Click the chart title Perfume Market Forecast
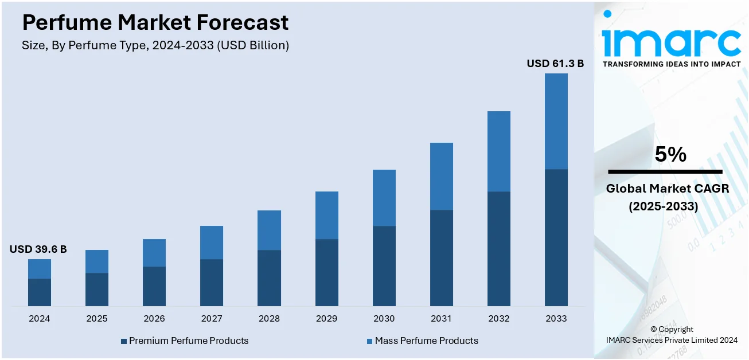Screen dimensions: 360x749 (155, 23)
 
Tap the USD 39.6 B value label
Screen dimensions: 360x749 (38, 249)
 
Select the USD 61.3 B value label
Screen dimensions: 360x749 (555, 64)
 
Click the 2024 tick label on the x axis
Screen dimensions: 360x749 (40, 319)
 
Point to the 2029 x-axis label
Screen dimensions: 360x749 (326, 319)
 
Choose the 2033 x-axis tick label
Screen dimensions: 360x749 (556, 319)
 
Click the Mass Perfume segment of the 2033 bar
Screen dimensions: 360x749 (556, 122)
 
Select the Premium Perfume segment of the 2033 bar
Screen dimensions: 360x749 (556, 237)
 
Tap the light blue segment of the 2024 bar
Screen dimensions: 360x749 (40, 269)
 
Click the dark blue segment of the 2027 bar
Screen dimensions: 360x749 (212, 282)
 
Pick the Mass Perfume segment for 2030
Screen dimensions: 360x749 (384, 198)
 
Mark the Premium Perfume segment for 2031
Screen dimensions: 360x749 (441, 257)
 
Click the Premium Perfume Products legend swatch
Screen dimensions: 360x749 (124, 341)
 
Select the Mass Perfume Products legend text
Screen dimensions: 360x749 (426, 341)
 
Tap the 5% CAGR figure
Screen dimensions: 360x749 (670, 155)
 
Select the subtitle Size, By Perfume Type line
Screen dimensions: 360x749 (155, 46)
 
